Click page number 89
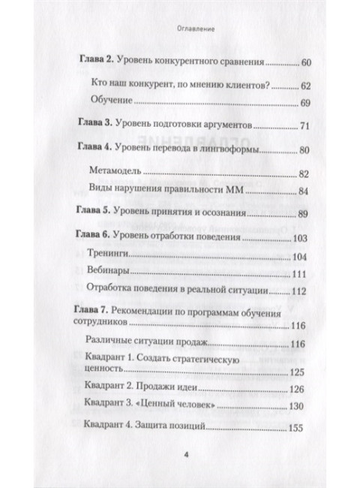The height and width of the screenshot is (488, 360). click(x=304, y=214)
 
